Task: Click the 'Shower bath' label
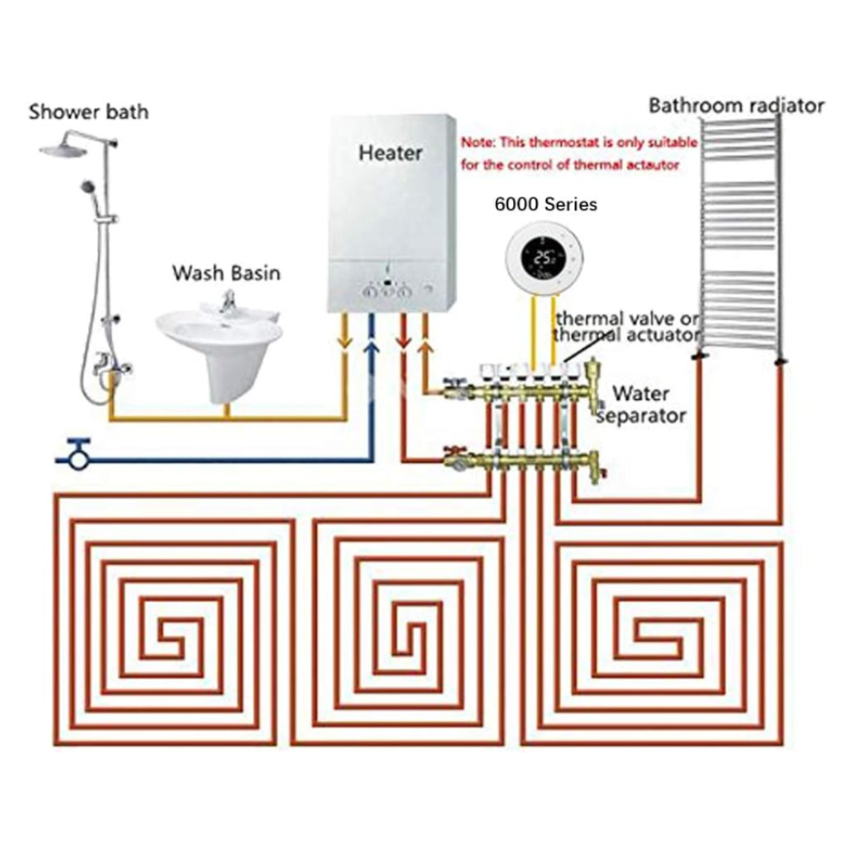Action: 89,113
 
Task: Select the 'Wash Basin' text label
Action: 225,274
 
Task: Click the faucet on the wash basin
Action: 227,301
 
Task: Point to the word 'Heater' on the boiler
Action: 391,152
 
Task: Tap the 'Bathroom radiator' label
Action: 736,106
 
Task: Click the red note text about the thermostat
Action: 570,154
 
